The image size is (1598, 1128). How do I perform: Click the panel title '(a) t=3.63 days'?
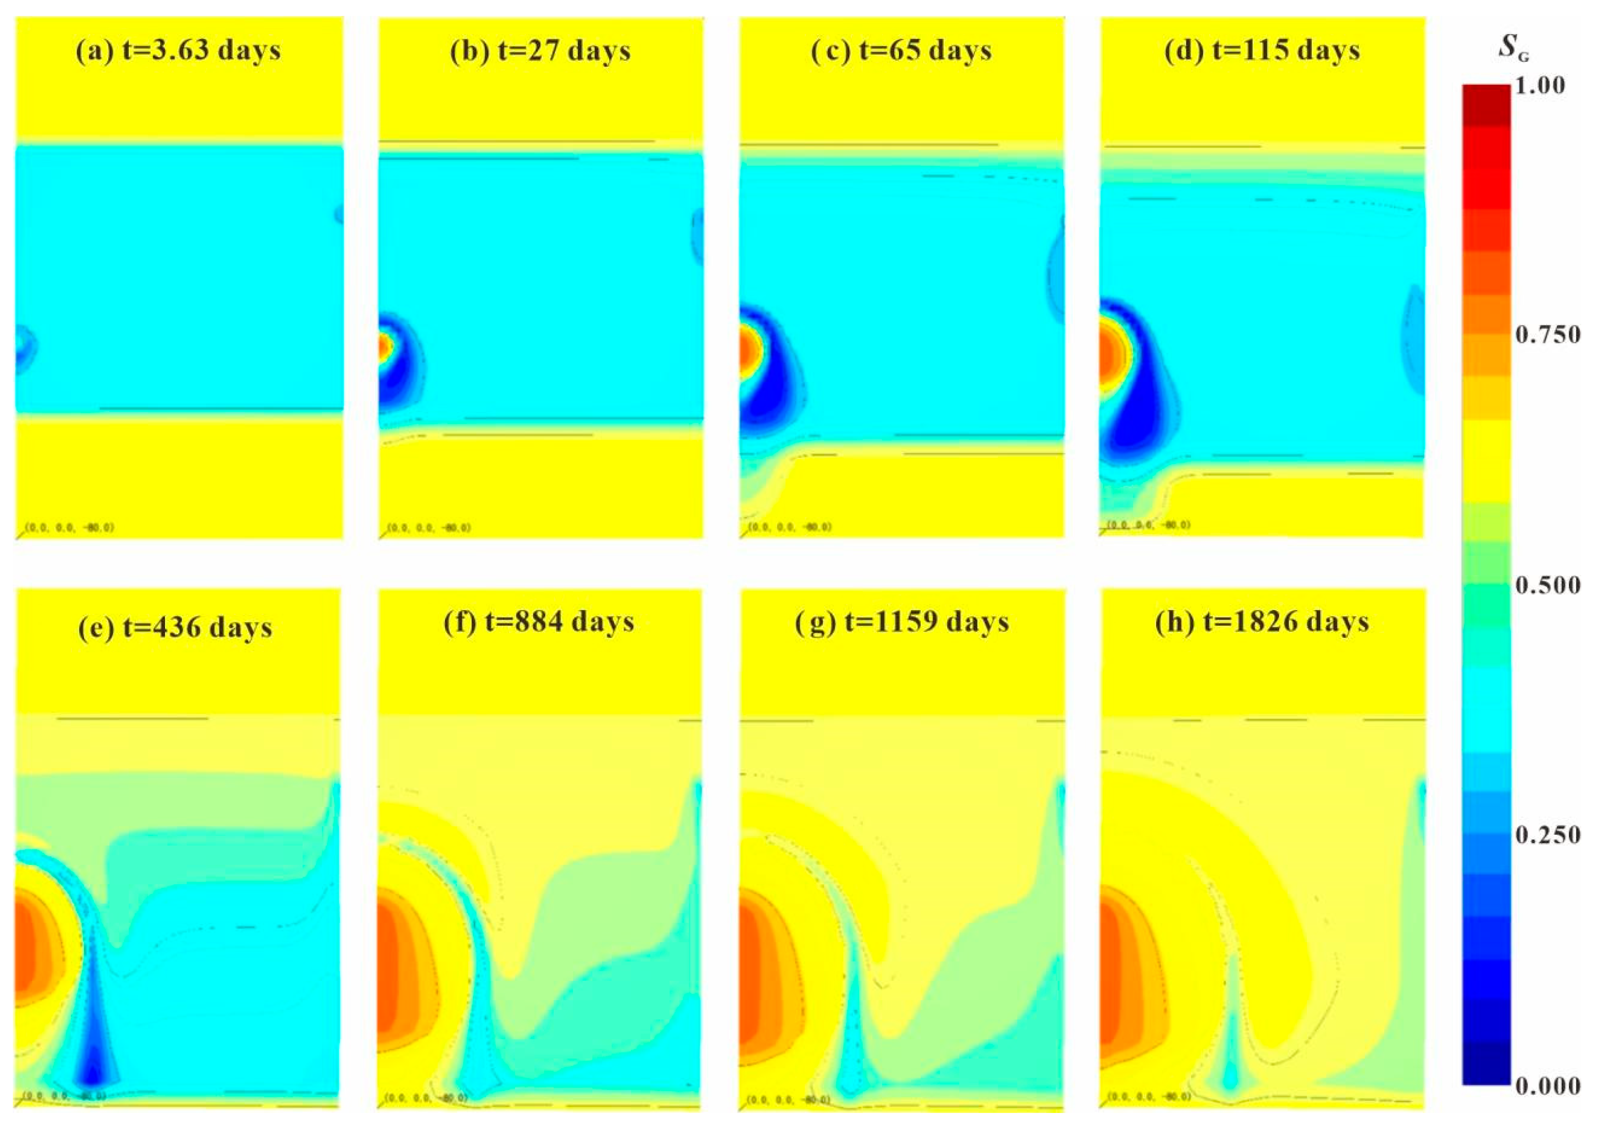[x=178, y=51]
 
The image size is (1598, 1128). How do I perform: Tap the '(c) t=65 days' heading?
[x=901, y=51]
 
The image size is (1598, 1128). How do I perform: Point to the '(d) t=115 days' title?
[x=1262, y=51]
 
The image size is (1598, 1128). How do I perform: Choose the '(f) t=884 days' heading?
[x=539, y=622]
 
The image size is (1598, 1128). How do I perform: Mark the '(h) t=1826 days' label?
[x=1262, y=622]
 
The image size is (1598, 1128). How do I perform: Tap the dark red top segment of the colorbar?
[x=1487, y=104]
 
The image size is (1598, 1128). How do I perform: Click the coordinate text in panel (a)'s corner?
[x=69, y=527]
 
